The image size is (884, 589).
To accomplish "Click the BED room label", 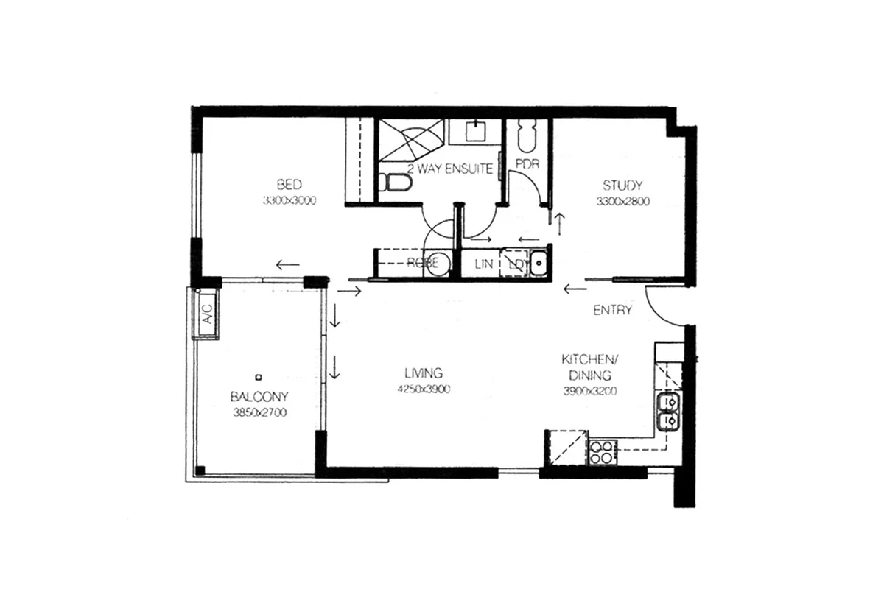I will [x=289, y=184].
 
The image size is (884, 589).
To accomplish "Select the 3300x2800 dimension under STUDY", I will [x=622, y=201].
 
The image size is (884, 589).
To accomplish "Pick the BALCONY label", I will [x=259, y=396].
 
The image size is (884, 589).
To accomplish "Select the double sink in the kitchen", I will [x=669, y=412].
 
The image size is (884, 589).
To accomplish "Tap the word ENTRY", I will [x=612, y=310].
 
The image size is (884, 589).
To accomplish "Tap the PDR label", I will [x=527, y=163].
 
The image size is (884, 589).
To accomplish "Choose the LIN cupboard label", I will [x=483, y=264].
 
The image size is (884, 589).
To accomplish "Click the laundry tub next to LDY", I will [x=538, y=263].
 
